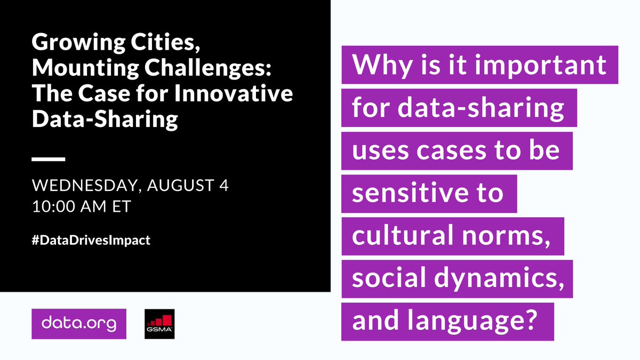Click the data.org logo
tap(79, 324)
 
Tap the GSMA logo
tap(160, 324)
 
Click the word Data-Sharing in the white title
tap(105, 119)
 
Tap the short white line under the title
tap(49, 158)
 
